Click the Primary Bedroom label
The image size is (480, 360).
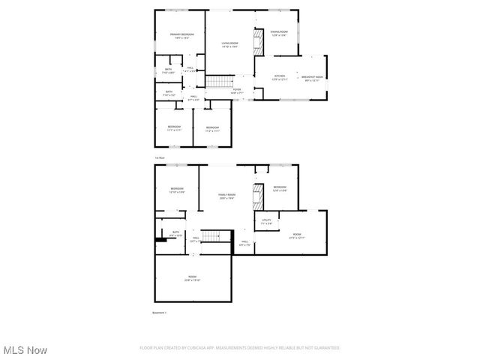pos(181,35)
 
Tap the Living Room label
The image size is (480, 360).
pos(229,44)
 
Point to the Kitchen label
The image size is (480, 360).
pos(280,77)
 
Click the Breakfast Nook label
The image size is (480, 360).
pos(312,77)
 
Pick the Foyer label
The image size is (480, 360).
pos(237,91)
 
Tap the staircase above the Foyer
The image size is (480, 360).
pos(217,80)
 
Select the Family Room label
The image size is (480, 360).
pos(227,196)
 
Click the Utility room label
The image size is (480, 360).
pos(266,221)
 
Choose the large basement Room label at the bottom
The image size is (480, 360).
pos(193,277)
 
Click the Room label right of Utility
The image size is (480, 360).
pos(297,235)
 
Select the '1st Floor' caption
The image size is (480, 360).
pos(159,158)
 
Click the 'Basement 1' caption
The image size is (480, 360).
pos(160,312)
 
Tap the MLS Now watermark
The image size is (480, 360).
pos(25,350)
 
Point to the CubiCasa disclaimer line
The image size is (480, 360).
pos(240,348)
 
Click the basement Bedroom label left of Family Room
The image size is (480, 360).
pos(177,190)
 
